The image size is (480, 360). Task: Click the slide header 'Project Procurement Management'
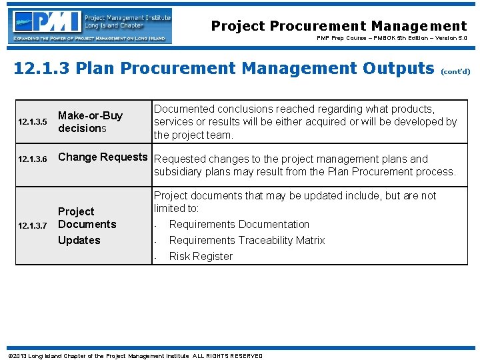click(x=339, y=26)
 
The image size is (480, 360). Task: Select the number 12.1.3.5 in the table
click(x=33, y=122)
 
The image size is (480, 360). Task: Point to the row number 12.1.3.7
click(x=33, y=226)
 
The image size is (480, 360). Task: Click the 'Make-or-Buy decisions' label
click(x=90, y=122)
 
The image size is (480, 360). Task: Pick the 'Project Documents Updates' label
click(x=87, y=225)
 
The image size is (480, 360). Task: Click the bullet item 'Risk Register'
click(x=201, y=257)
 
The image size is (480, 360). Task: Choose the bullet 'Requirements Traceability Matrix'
click(x=247, y=241)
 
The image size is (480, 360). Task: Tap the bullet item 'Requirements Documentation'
click(x=239, y=225)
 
